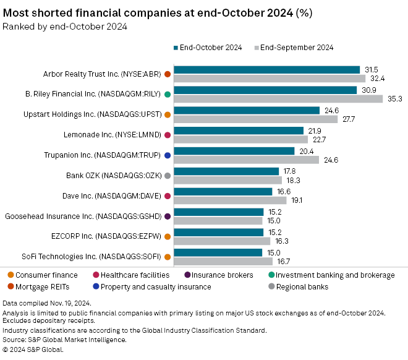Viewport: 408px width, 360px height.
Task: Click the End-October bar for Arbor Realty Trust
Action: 267,70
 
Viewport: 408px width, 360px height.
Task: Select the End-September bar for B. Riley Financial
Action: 278,98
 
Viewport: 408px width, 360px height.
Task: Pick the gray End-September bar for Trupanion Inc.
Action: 247,159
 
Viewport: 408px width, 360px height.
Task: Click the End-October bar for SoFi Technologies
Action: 219,252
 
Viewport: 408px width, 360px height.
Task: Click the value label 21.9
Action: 315,131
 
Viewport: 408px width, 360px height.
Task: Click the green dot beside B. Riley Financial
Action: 168,95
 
